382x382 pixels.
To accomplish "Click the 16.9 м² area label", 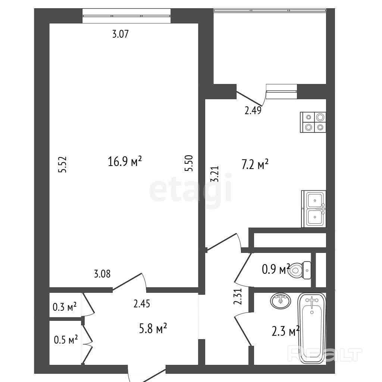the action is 125,162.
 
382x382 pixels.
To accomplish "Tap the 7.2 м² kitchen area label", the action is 255,165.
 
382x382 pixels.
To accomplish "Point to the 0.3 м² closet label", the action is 65,307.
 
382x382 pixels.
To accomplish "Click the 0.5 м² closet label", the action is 66,340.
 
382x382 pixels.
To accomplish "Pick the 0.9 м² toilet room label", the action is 276,269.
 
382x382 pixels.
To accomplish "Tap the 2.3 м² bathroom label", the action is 286,331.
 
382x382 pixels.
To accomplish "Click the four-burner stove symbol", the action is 313,122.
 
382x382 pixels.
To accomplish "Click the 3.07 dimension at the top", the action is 120,35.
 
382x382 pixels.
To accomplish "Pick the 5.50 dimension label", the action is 190,163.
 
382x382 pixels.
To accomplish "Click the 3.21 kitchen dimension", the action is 215,174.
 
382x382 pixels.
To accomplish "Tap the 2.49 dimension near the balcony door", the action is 253,110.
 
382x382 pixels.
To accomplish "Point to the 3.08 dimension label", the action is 102,274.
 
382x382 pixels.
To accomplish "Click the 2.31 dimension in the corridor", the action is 239,297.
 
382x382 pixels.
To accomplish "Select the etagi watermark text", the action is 191,190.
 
